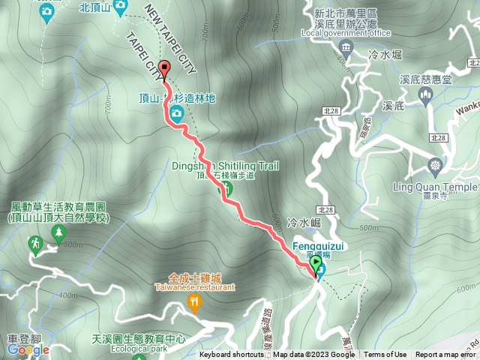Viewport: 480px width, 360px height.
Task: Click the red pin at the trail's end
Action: click(165, 69)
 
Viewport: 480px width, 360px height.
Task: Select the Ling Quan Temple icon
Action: click(435, 165)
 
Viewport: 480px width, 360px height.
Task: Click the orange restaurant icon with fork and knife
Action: click(195, 303)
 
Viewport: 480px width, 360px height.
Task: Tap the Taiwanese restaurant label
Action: click(195, 286)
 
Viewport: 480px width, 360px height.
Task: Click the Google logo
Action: click(27, 349)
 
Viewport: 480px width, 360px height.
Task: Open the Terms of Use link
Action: click(385, 355)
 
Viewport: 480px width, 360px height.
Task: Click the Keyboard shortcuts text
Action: click(232, 355)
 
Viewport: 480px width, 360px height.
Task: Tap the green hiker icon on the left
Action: click(35, 243)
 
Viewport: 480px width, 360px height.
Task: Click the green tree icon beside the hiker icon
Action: click(58, 235)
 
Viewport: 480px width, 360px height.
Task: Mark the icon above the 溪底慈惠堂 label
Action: click(425, 94)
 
